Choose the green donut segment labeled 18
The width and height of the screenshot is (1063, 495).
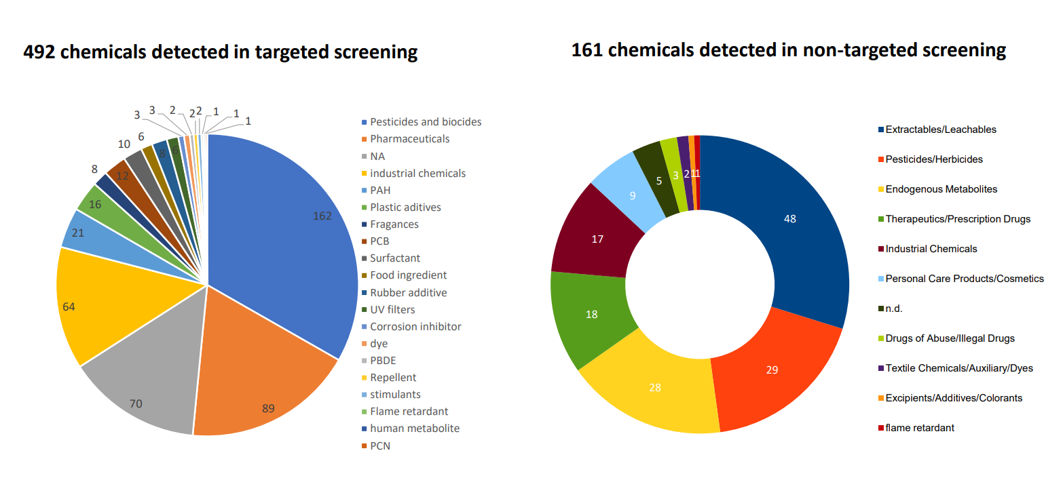(593, 313)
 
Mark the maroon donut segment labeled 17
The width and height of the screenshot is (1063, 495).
(598, 237)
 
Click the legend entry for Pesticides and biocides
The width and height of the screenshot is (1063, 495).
(422, 122)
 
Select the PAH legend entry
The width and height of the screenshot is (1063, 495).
(376, 190)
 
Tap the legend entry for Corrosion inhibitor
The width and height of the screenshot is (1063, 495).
(411, 327)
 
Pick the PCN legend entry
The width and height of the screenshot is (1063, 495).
(376, 446)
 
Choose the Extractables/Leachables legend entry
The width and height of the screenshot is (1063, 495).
(937, 130)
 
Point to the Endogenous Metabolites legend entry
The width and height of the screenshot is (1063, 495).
(937, 189)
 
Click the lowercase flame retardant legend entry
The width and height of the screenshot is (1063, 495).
(916, 428)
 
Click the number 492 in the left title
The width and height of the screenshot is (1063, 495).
(39, 52)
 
